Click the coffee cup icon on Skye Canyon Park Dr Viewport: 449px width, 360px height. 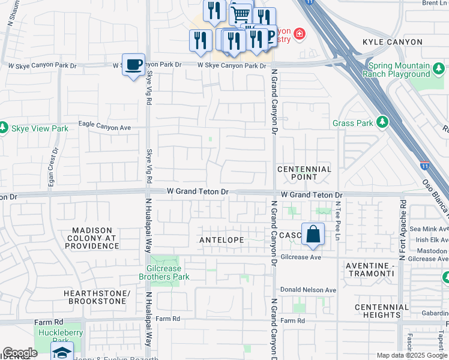coord(133,64)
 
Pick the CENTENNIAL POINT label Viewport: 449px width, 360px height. coord(304,173)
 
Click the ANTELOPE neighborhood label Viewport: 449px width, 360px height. coord(222,240)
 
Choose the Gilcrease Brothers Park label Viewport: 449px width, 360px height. coord(164,272)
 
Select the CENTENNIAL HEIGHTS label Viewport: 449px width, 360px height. coord(378,311)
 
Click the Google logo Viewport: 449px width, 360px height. coord(20,353)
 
